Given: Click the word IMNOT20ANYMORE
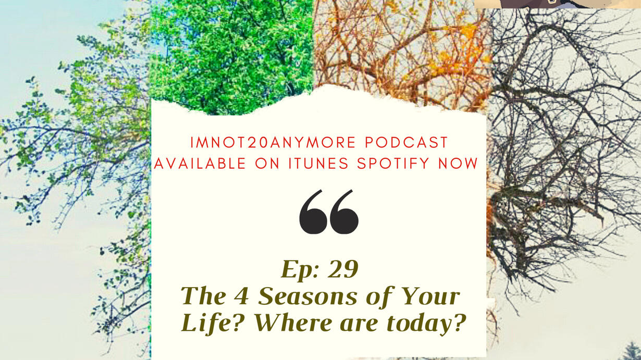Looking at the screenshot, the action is coord(273,143).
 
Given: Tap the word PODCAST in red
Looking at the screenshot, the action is coord(406,143).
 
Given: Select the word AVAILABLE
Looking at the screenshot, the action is coord(200,164).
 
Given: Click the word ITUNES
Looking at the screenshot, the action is coord(318,164).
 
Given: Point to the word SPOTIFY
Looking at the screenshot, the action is coord(393,164).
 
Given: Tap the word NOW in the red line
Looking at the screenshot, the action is coord(458,164).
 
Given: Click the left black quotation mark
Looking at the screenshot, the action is coord(313,212).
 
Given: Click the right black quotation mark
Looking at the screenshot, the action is coord(344,212).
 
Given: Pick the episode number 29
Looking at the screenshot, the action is coord(343,269).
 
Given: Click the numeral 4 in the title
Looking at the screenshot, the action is coord(241,296).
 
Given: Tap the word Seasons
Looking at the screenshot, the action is coord(308,296).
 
